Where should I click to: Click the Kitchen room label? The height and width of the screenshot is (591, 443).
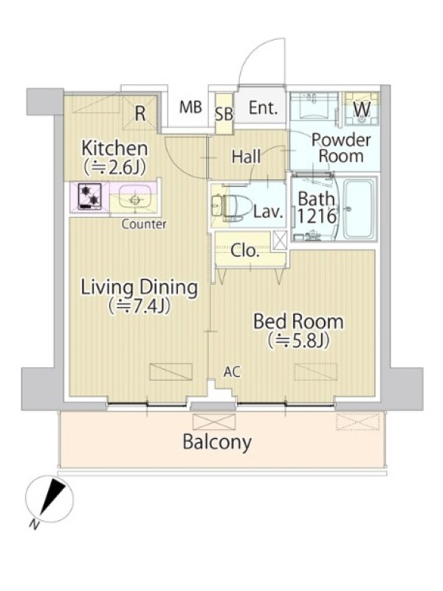tap(114, 148)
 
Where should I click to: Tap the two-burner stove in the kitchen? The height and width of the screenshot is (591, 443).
tap(89, 196)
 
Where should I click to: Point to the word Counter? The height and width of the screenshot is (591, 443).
tap(143, 225)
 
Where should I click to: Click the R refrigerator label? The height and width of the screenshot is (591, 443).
tap(140, 113)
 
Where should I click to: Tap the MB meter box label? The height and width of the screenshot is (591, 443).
tap(190, 107)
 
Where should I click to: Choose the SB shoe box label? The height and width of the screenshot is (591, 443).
tap(224, 115)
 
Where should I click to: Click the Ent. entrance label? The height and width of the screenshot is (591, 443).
tap(263, 108)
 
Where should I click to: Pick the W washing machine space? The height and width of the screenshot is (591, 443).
tap(362, 109)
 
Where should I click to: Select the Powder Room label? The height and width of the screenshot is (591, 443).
tap(341, 148)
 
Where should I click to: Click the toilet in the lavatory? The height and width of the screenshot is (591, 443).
tap(230, 208)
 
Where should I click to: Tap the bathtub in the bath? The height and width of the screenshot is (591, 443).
tap(360, 209)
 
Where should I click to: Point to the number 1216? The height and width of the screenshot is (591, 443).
tap(317, 216)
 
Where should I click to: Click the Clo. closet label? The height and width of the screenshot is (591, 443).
tap(245, 250)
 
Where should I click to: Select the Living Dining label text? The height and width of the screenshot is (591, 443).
tap(140, 288)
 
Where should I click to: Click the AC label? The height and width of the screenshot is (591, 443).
tap(232, 372)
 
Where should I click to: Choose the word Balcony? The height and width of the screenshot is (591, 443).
tap(217, 442)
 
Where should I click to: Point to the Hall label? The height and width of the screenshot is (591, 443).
tap(246, 157)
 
